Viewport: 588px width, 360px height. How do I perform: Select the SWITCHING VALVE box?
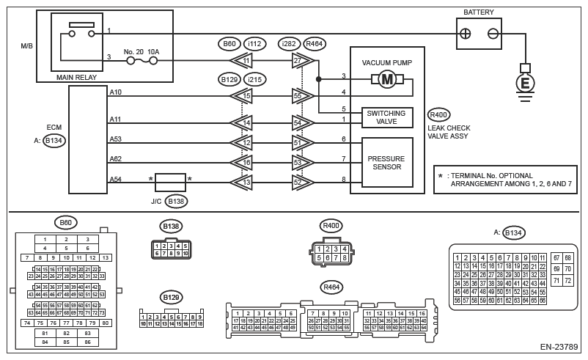(388, 117)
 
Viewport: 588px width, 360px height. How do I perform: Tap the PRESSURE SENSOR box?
(387, 161)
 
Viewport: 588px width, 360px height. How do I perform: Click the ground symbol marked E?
(525, 84)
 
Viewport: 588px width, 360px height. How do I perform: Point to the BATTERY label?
(479, 12)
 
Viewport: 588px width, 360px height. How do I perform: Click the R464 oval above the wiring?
(315, 43)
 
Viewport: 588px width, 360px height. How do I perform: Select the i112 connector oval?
(255, 43)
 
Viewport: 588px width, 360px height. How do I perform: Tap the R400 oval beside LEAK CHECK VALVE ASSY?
(438, 115)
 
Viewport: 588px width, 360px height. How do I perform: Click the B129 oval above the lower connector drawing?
(171, 297)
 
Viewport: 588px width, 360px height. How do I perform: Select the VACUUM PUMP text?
(386, 62)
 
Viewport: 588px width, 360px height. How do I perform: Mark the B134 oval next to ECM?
(54, 142)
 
